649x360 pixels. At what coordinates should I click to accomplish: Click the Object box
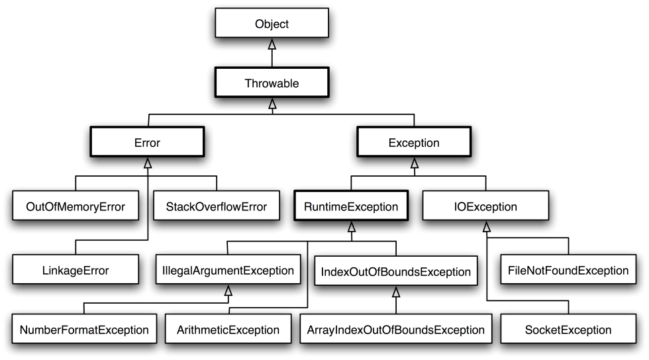(272, 23)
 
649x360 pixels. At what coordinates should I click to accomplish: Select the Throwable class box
(272, 83)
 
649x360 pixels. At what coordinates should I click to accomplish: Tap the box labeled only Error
(147, 142)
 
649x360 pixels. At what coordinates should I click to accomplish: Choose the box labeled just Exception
(414, 142)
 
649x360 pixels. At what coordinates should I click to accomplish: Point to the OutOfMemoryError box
(75, 206)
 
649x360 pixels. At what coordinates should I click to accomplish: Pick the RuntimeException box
(351, 206)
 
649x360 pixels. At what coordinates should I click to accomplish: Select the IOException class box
(485, 206)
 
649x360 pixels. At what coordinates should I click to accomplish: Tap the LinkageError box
(75, 270)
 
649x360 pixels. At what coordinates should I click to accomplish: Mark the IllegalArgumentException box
(228, 270)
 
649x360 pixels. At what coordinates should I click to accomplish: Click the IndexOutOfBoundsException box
(395, 271)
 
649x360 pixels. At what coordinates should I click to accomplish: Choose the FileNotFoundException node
(568, 270)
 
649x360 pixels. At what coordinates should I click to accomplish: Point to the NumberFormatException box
(84, 330)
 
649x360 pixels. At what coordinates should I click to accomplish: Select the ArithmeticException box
(228, 330)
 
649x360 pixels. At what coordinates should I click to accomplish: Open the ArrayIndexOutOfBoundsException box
(395, 330)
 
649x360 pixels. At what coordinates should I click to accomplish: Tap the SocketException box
(568, 330)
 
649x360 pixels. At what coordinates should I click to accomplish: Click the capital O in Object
(260, 24)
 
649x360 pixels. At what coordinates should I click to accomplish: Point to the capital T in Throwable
(248, 83)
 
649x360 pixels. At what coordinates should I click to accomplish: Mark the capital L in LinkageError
(46, 270)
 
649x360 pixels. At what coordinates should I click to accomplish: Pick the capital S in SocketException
(528, 330)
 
